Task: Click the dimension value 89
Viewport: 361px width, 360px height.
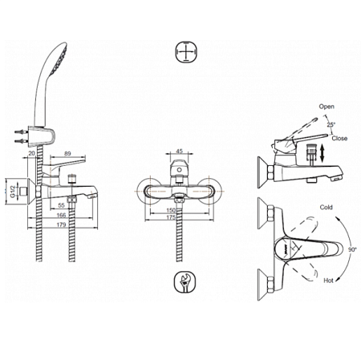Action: click(x=67, y=153)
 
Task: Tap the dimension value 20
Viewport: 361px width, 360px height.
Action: click(x=32, y=153)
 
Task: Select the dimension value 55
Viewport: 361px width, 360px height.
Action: click(x=61, y=205)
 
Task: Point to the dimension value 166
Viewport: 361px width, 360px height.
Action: click(x=61, y=215)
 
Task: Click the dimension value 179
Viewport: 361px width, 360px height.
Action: click(x=61, y=224)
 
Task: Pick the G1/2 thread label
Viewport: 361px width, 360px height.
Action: click(x=12, y=192)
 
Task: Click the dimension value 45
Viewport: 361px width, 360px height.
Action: click(x=180, y=152)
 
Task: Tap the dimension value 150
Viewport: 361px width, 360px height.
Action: click(x=171, y=210)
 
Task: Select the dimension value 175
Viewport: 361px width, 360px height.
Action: click(x=171, y=217)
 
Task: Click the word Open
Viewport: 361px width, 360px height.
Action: click(x=327, y=107)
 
